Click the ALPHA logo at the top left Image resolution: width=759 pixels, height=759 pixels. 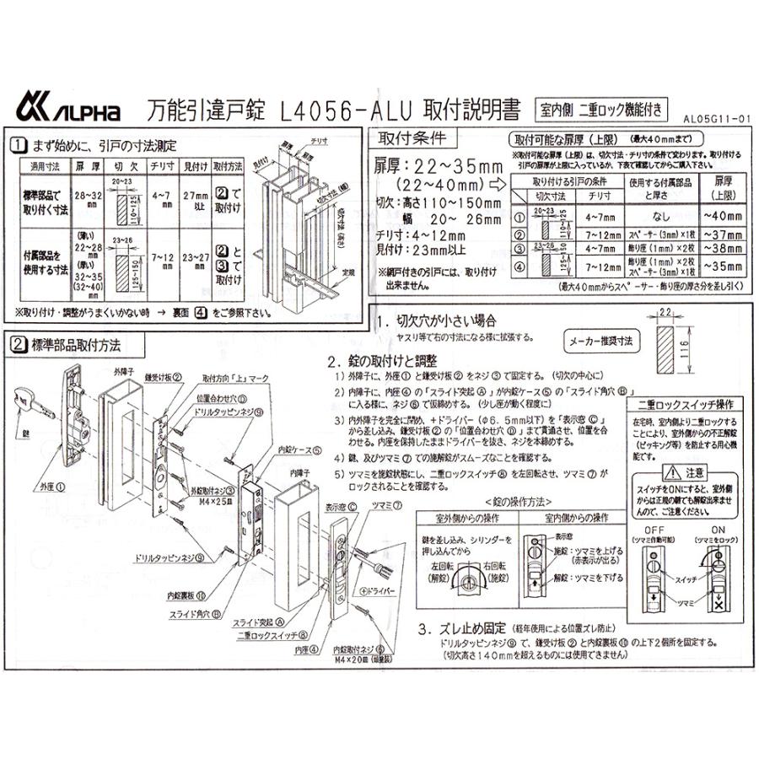coord(68,110)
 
